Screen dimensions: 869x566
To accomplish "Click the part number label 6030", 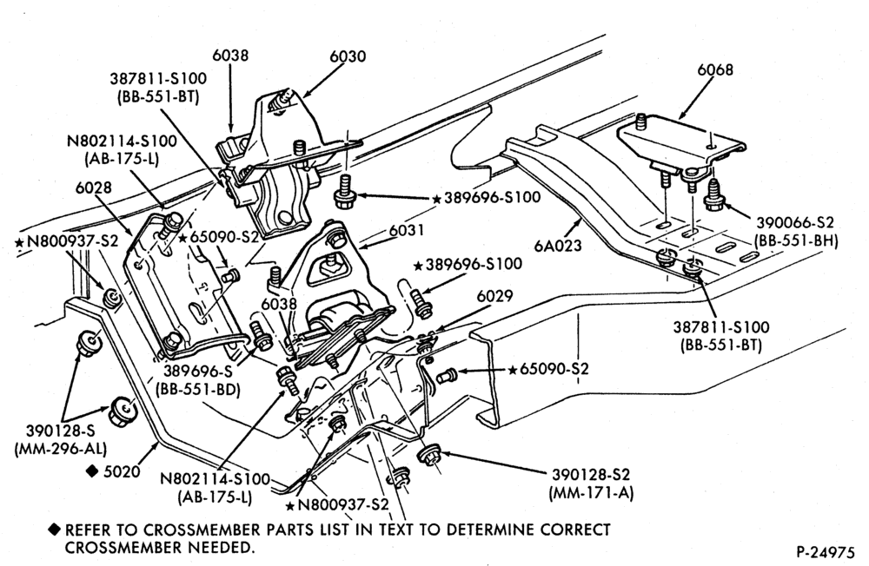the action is pyautogui.click(x=348, y=56).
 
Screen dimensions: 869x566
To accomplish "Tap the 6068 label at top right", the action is pyautogui.click(x=715, y=69).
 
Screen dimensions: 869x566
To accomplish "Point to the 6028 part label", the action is pyautogui.click(x=94, y=188).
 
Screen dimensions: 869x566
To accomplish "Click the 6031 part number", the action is pyautogui.click(x=406, y=229).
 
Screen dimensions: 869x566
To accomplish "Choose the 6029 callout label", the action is pyautogui.click(x=495, y=295).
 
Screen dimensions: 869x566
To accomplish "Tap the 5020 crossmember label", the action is pyautogui.click(x=122, y=471).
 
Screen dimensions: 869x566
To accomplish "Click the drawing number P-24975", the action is pyautogui.click(x=826, y=552).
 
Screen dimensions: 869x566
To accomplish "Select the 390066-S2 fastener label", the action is pyautogui.click(x=796, y=222).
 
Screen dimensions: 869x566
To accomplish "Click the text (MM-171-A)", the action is pyautogui.click(x=591, y=492).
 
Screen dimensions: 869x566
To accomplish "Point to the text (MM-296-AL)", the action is pyautogui.click(x=61, y=448).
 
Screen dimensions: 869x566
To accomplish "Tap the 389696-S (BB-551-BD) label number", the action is pyautogui.click(x=198, y=372).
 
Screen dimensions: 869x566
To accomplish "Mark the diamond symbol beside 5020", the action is pyautogui.click(x=92, y=471).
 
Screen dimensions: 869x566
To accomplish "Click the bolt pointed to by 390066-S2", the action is pyautogui.click(x=713, y=196).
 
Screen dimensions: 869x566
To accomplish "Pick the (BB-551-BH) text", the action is pyautogui.click(x=796, y=241).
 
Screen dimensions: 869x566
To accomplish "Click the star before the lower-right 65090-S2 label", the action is pyautogui.click(x=513, y=369).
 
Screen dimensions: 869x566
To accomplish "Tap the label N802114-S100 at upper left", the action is pyautogui.click(x=122, y=141).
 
